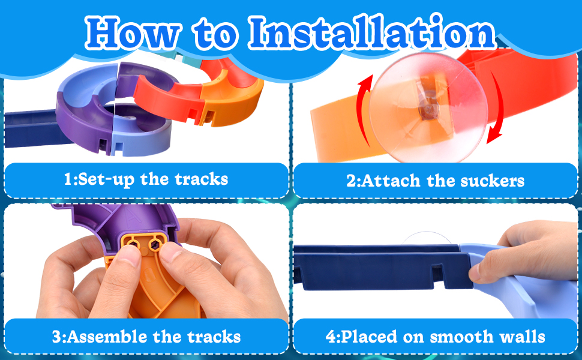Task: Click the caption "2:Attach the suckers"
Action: click(x=436, y=180)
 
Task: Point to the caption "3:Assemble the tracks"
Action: click(x=146, y=337)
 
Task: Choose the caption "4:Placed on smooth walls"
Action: click(x=436, y=337)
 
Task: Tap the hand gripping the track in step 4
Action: click(x=528, y=252)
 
